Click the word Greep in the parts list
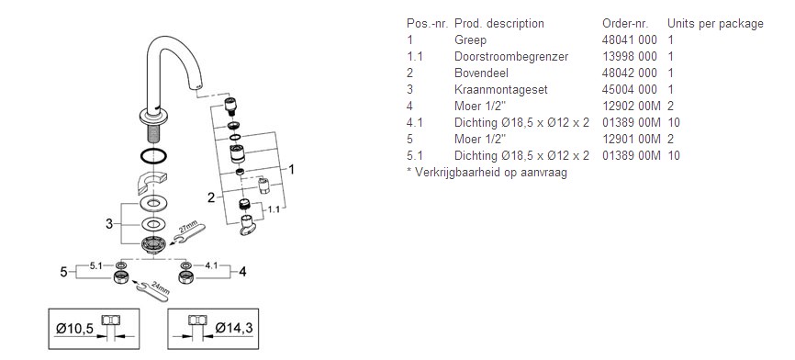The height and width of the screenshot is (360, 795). (470, 40)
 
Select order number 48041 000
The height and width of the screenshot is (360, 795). (629, 39)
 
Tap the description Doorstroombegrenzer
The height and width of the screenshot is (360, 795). (511, 56)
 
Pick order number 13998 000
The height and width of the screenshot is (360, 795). (629, 56)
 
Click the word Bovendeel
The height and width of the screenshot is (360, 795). (481, 73)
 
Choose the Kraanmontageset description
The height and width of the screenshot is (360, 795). (501, 89)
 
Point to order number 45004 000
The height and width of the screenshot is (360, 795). (629, 89)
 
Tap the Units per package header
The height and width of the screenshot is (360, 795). (715, 23)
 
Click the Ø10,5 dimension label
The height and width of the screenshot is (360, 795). (74, 329)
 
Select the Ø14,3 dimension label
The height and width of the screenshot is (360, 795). (234, 328)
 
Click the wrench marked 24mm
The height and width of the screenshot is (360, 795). (153, 290)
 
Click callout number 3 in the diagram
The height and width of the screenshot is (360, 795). (109, 223)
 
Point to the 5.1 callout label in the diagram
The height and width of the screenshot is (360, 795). (96, 264)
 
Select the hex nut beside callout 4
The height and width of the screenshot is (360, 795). (186, 278)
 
